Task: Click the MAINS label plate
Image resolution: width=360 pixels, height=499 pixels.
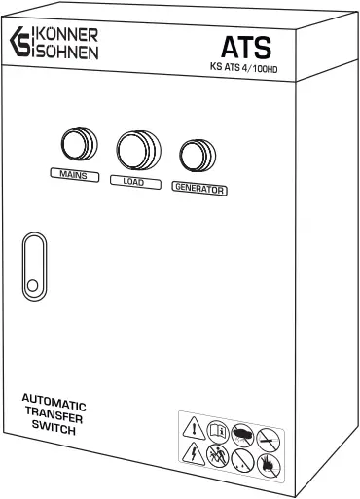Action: (x=73, y=174)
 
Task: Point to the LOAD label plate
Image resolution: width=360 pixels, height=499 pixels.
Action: (x=133, y=181)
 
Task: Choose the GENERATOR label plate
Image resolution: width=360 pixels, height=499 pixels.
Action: (x=198, y=188)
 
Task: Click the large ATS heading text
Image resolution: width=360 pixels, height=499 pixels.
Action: (x=244, y=46)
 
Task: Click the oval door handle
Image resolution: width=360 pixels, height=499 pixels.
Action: (x=34, y=266)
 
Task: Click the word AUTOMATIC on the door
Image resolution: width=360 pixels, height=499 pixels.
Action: (x=54, y=402)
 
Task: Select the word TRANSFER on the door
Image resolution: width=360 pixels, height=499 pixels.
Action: (x=54, y=414)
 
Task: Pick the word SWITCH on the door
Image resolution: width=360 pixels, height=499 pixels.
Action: (x=54, y=427)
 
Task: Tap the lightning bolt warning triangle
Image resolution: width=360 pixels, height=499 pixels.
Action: (x=194, y=454)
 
